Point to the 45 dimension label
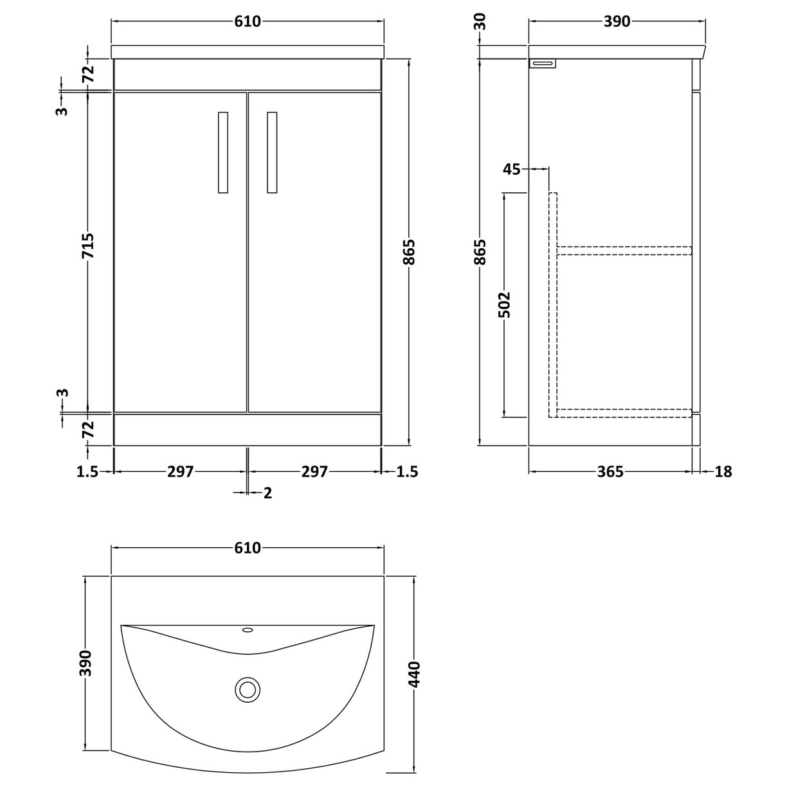tap(512, 169)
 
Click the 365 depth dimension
tap(610, 472)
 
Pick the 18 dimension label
tap(723, 472)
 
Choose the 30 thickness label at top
tap(480, 22)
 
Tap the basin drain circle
tap(247, 689)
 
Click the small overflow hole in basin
tap(248, 630)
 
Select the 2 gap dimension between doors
tap(267, 493)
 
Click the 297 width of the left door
tap(181, 472)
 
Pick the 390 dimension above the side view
tap(617, 22)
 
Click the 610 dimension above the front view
tap(248, 22)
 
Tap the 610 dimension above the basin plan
tap(248, 548)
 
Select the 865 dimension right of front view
tap(410, 252)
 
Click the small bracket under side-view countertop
tap(542, 63)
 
